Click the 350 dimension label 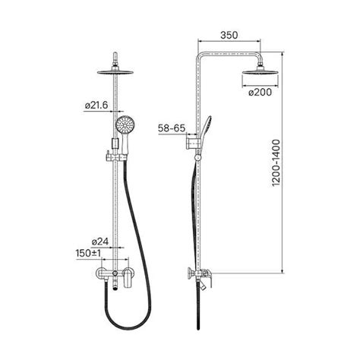(x=229, y=35)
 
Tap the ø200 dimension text (x=260, y=92)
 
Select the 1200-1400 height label (x=276, y=163)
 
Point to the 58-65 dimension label (x=172, y=128)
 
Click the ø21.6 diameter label (x=96, y=105)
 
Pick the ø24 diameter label (x=100, y=242)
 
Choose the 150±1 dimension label (x=88, y=253)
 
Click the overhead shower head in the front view (x=115, y=72)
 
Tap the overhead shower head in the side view (x=261, y=71)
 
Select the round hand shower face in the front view (x=125, y=124)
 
